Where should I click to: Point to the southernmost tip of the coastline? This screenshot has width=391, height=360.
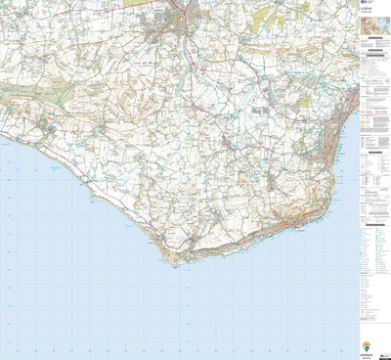(x=174, y=262)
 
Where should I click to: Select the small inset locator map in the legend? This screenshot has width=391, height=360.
(x=375, y=45)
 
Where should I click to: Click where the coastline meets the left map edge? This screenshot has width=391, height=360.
(x=2, y=140)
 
